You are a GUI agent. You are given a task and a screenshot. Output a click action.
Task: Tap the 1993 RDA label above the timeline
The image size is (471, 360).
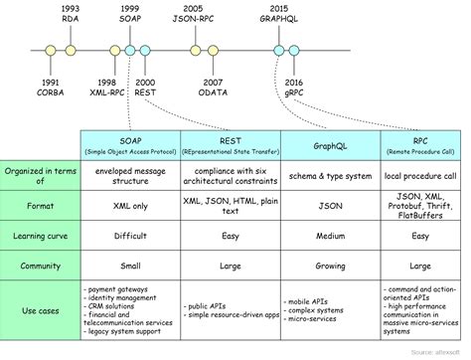pos(71,14)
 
